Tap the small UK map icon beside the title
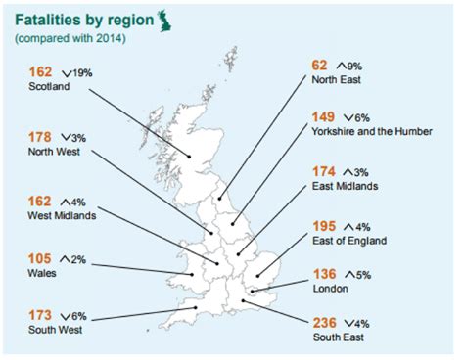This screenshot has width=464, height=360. click(151, 17)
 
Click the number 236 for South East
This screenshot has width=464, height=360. click(325, 322)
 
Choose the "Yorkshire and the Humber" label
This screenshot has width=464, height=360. click(373, 130)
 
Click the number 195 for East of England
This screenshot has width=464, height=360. click(325, 225)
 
